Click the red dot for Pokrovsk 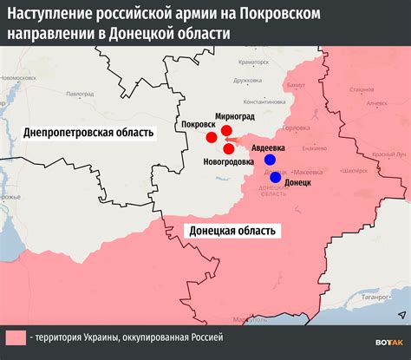click(211, 137)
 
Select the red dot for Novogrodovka click(228, 148)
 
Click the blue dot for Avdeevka click(270, 160)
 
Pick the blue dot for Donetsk click(276, 177)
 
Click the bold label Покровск click(199, 124)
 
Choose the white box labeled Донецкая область click(232, 231)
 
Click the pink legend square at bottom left click(16, 337)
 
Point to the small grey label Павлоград click(79, 92)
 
